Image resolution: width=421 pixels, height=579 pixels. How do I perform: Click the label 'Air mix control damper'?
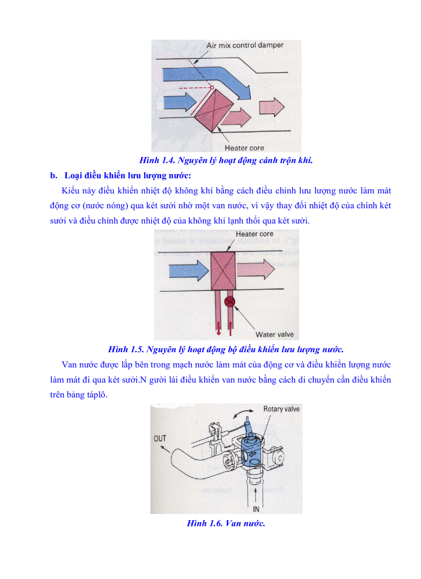pyautogui.click(x=245, y=45)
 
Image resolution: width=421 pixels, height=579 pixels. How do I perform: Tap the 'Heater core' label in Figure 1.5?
pyautogui.click(x=254, y=234)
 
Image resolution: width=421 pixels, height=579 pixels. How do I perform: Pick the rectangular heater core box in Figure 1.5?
pyautogui.click(x=223, y=270)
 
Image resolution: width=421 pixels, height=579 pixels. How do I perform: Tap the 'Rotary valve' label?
pyautogui.click(x=282, y=409)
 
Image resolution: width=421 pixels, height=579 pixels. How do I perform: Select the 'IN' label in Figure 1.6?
pyautogui.click(x=255, y=509)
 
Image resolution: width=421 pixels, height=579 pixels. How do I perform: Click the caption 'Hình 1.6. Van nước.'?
pyautogui.click(x=226, y=523)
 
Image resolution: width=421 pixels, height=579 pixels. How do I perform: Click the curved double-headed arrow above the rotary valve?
pyautogui.click(x=242, y=414)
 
